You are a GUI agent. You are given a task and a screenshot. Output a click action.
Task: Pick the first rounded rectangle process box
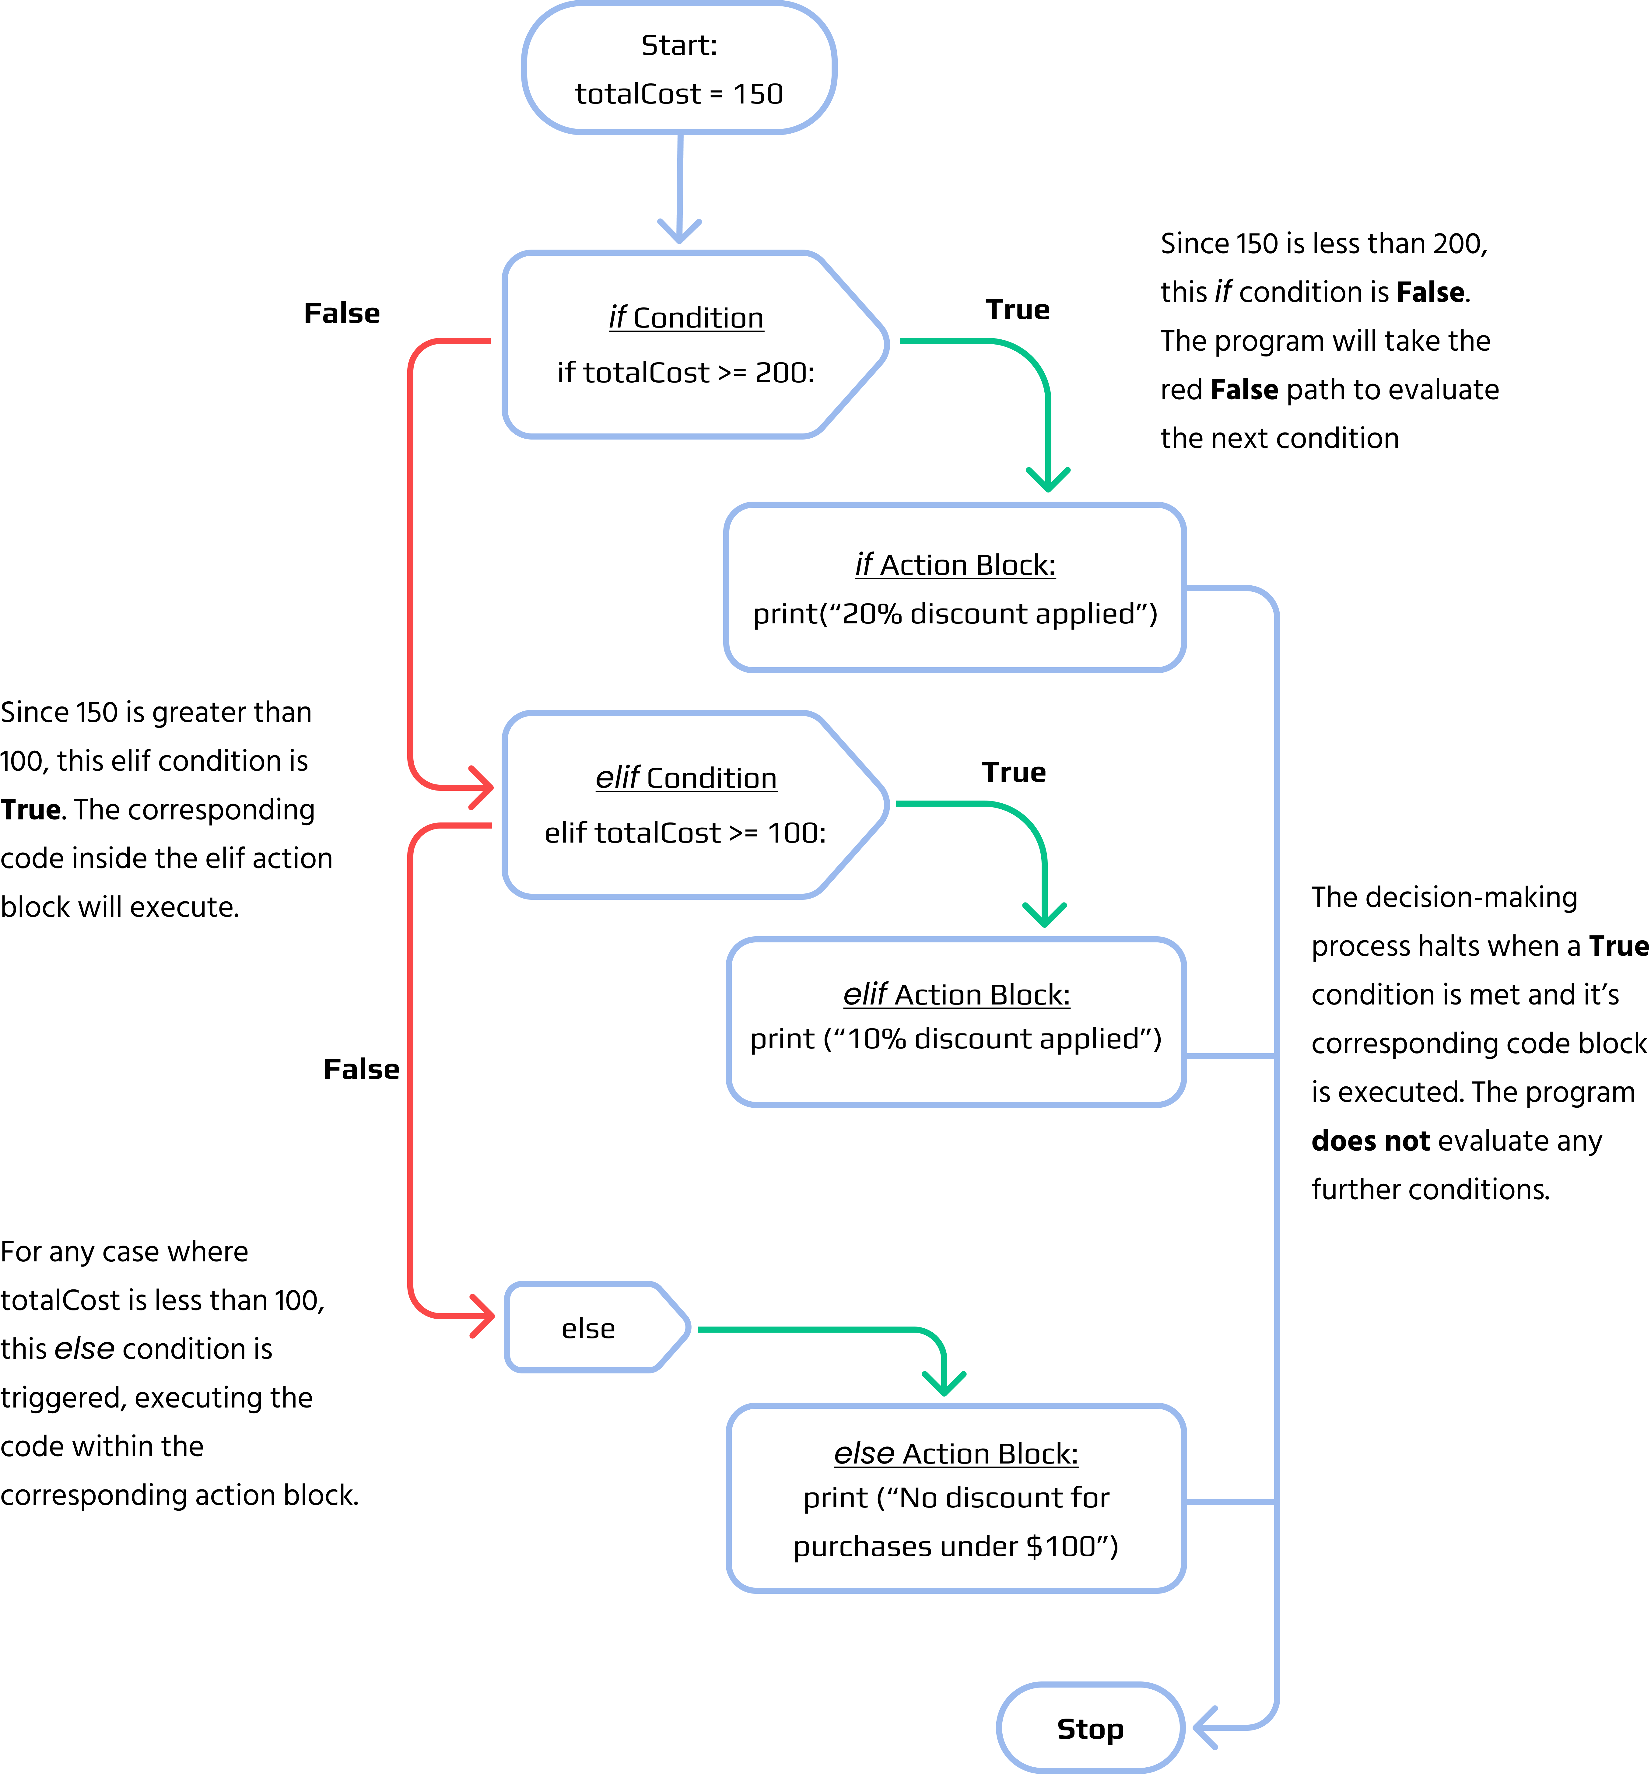coord(955,587)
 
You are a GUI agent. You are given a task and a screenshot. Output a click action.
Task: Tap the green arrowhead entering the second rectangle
coord(1044,917)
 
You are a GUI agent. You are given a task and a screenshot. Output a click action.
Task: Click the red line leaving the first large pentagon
coord(411,553)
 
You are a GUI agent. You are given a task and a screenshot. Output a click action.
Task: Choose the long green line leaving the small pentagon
coord(803,1330)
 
